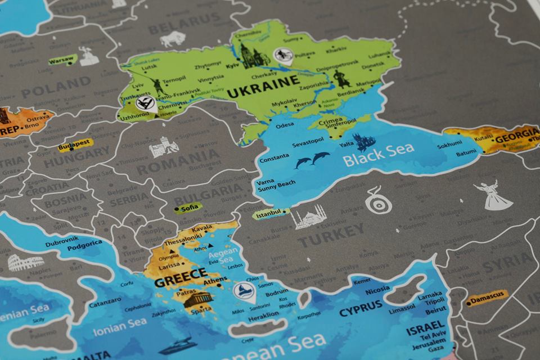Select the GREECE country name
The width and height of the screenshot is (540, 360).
(181, 277)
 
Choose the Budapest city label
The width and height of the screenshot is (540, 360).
(74, 146)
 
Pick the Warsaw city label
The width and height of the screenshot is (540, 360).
(62, 58)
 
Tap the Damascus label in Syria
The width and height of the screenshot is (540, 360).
(487, 295)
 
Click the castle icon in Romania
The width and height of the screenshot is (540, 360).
(164, 148)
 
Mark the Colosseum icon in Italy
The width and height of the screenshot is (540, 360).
(25, 262)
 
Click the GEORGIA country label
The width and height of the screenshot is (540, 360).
(516, 134)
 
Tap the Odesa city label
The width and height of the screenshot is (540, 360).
(285, 124)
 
